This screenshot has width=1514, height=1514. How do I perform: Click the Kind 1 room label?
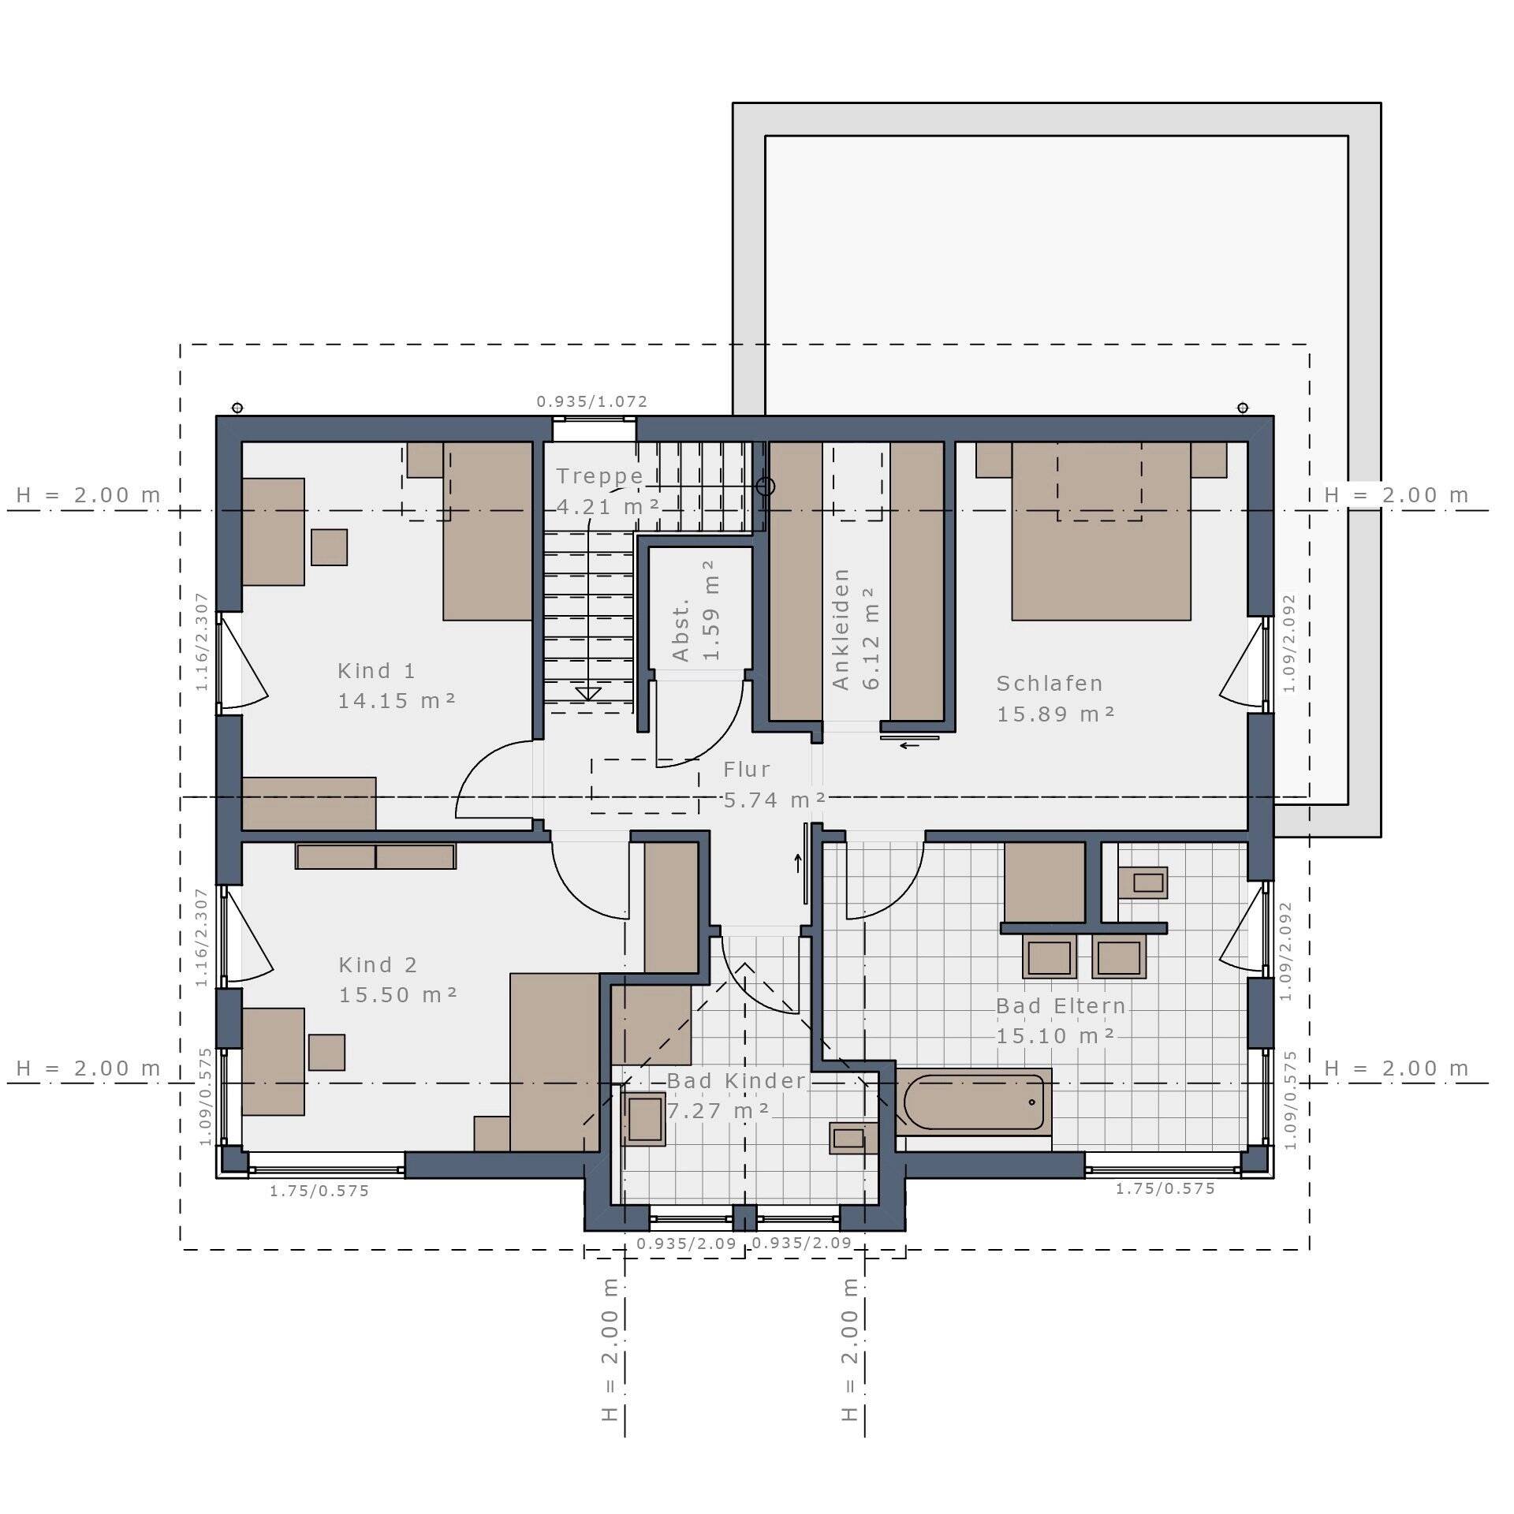[376, 671]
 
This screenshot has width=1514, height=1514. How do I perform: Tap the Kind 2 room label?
[378, 965]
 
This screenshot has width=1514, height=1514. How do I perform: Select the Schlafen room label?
[1050, 684]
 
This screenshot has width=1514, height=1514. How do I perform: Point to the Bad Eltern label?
[1061, 1006]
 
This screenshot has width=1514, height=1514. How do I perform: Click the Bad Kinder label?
[736, 1081]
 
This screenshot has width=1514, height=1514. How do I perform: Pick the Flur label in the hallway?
[747, 770]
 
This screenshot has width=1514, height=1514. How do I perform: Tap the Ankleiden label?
[841, 629]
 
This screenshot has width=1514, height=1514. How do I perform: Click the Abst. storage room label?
[681, 629]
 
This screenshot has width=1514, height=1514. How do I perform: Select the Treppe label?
[600, 476]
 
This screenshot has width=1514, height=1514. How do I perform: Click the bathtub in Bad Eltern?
[974, 1102]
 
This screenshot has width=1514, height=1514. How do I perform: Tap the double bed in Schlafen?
[1102, 531]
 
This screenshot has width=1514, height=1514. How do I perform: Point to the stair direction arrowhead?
[588, 694]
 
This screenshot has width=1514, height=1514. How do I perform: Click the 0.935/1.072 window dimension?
[592, 402]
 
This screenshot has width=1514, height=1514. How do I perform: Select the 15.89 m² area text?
[1056, 714]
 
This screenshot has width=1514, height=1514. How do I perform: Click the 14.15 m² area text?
[397, 701]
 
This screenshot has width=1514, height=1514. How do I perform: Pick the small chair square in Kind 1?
[329, 547]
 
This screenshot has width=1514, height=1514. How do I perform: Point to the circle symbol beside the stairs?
[766, 487]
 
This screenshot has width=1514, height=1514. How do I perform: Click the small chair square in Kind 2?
[326, 1053]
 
